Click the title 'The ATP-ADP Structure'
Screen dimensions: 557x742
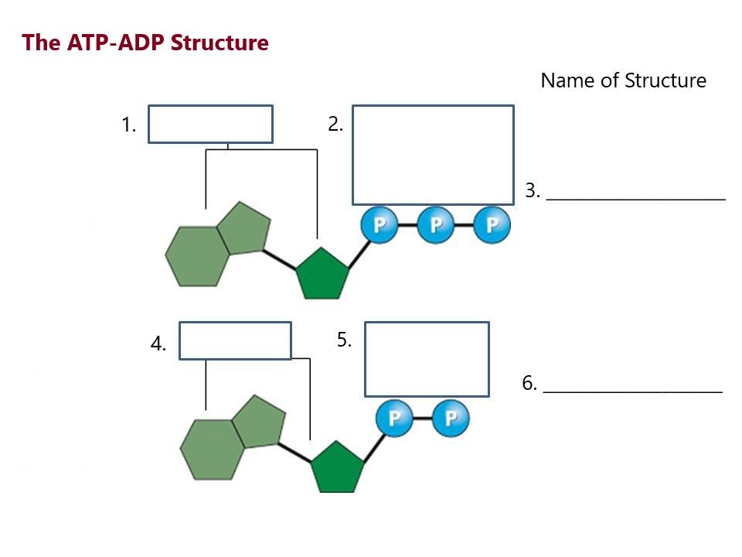pyautogui.click(x=145, y=42)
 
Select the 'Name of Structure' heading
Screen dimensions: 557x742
pyautogui.click(x=623, y=80)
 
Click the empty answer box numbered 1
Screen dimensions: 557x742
pyautogui.click(x=210, y=125)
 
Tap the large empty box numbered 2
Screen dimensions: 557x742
pyautogui.click(x=433, y=155)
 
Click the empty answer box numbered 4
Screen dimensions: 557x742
pyautogui.click(x=235, y=341)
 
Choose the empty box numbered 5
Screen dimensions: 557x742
pyautogui.click(x=427, y=359)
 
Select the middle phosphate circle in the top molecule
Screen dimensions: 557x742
pyautogui.click(x=436, y=225)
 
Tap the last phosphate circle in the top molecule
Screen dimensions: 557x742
pyautogui.click(x=492, y=225)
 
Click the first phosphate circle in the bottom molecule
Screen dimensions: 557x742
pyautogui.click(x=394, y=419)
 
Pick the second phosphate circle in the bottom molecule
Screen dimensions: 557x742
pyautogui.click(x=451, y=419)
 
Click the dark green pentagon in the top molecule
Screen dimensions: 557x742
pyautogui.click(x=322, y=274)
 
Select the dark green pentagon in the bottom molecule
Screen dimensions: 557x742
pyautogui.click(x=337, y=467)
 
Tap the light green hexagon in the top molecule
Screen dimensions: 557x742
pyautogui.click(x=198, y=256)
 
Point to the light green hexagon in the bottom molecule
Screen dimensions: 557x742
pyautogui.click(x=213, y=449)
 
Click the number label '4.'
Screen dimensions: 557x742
pyautogui.click(x=158, y=345)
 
